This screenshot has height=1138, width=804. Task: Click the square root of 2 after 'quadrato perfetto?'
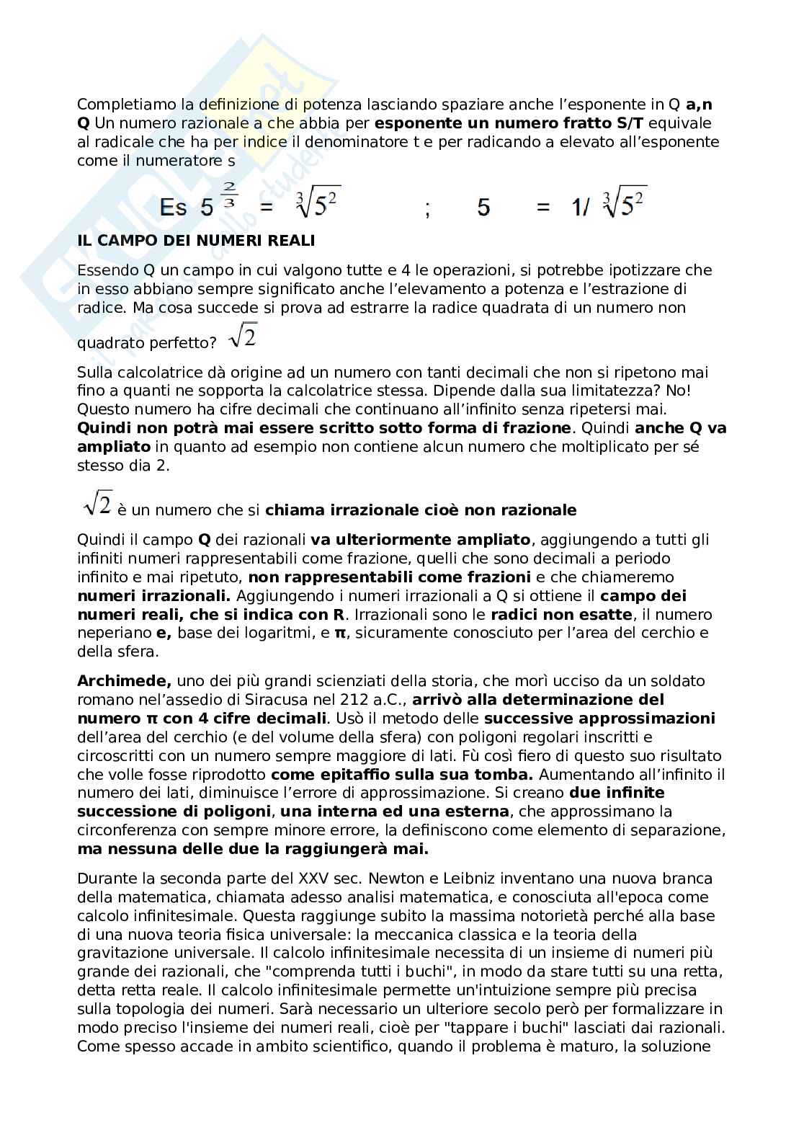click(x=242, y=336)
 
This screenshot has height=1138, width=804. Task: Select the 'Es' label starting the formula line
click(x=173, y=208)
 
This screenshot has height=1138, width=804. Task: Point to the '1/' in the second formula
click(x=580, y=208)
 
